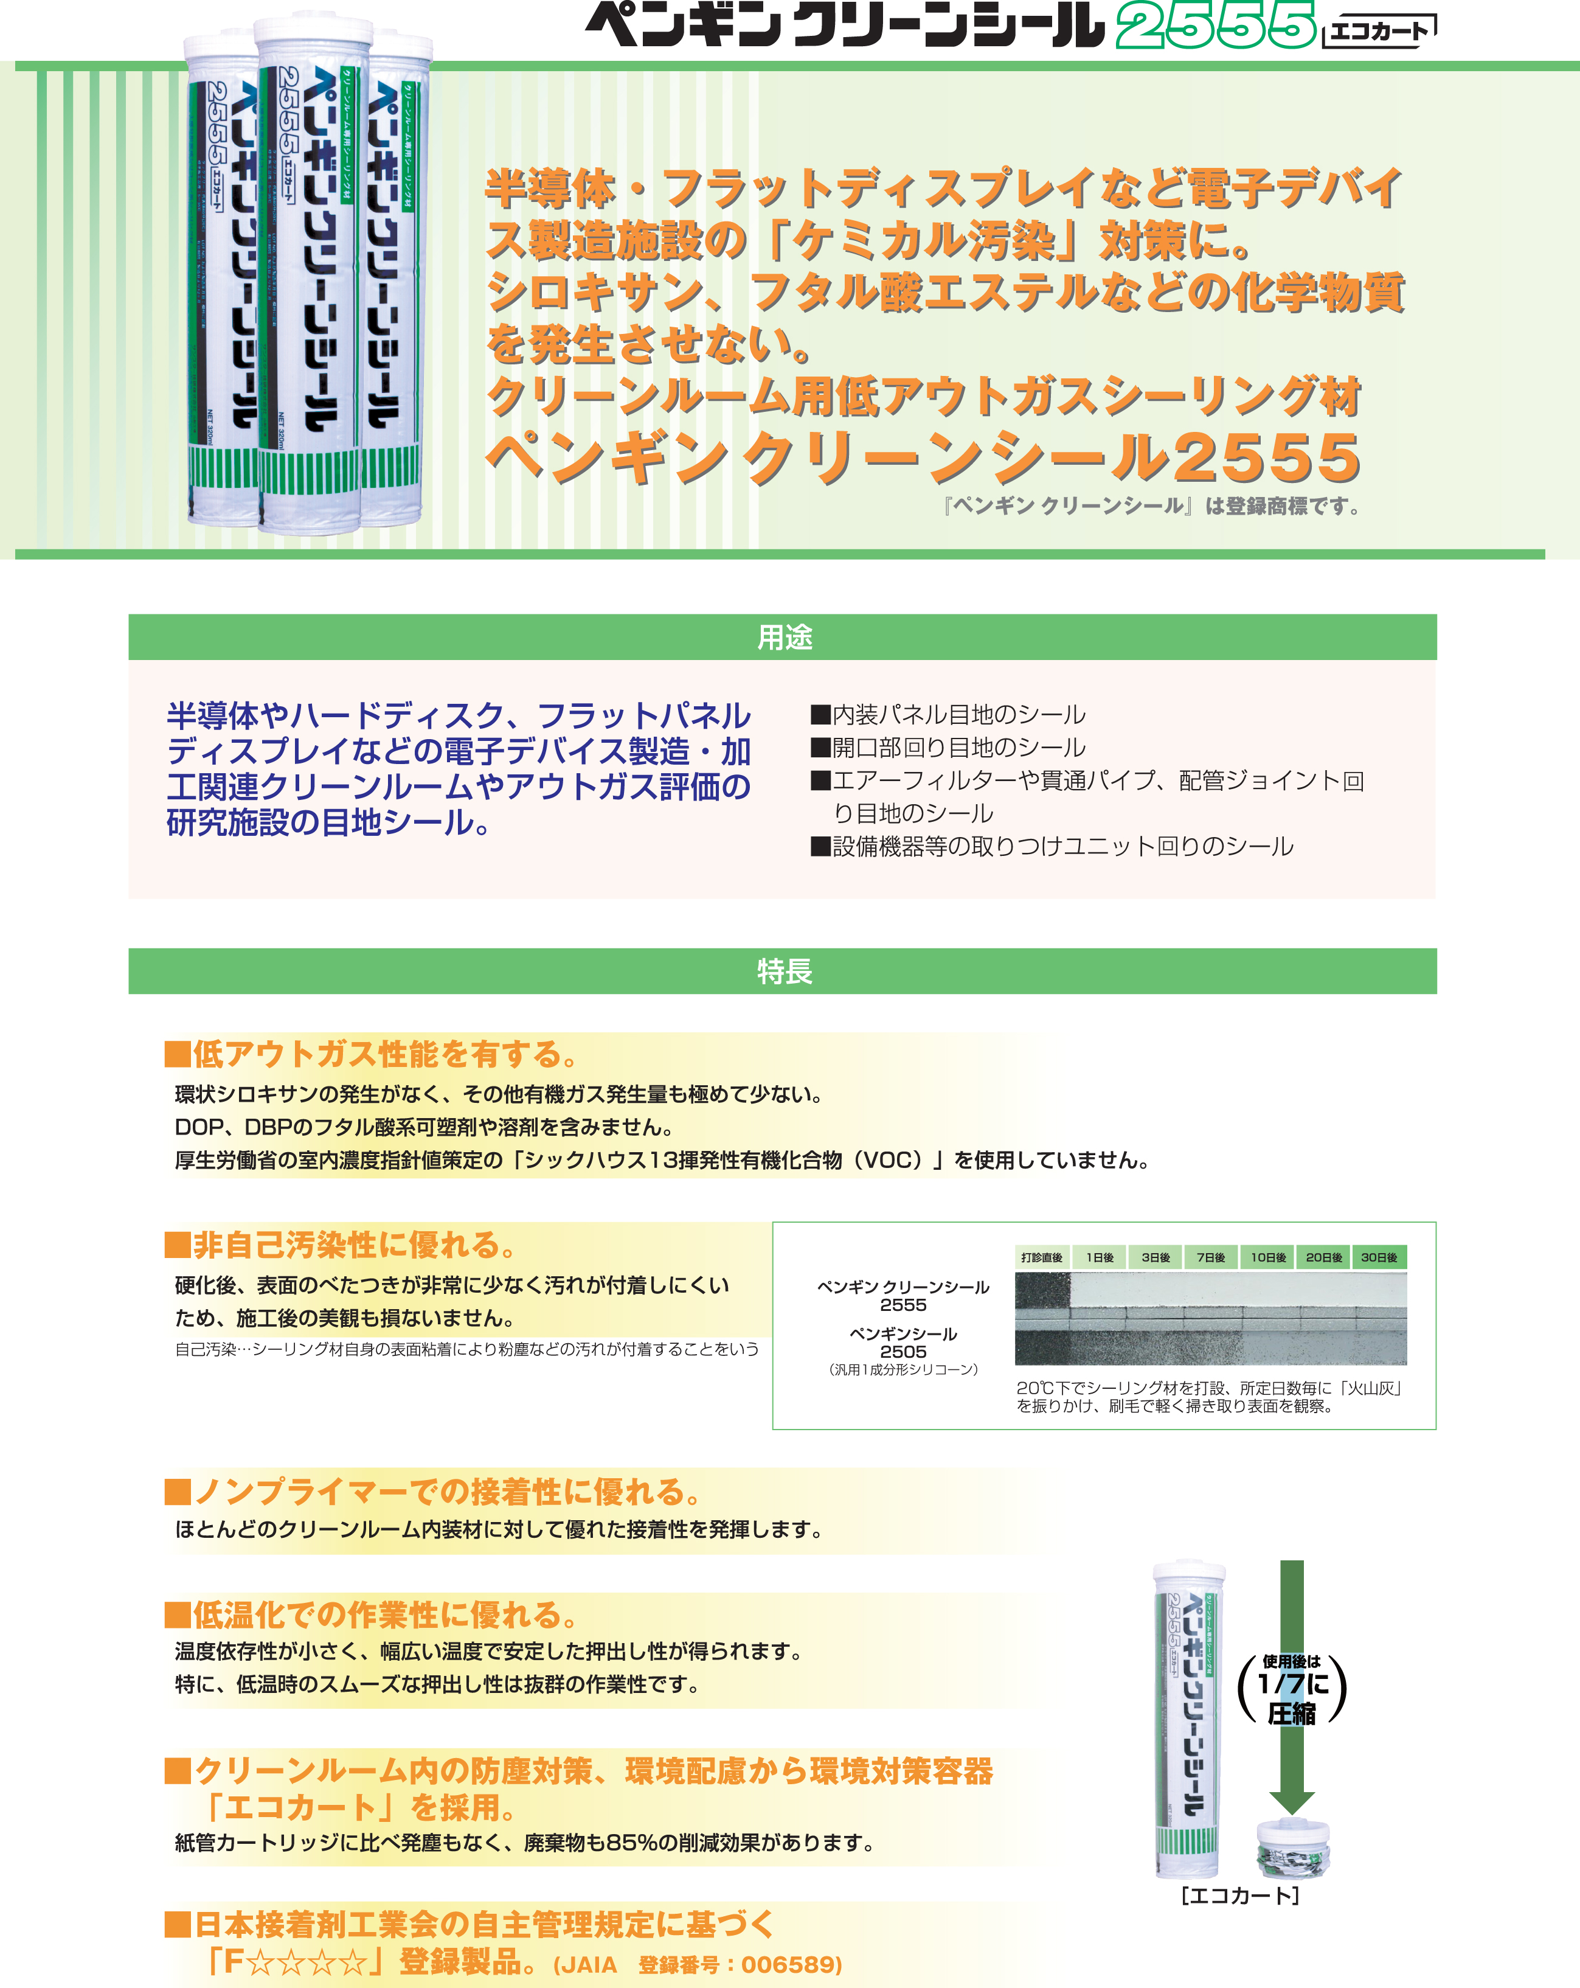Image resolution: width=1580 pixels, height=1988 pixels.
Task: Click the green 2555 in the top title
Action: pyautogui.click(x=1215, y=25)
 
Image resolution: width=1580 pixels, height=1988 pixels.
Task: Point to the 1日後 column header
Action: pyautogui.click(x=1100, y=1257)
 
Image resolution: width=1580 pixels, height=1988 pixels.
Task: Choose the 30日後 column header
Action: pyautogui.click(x=1379, y=1257)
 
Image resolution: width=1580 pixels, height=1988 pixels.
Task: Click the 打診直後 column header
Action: pyautogui.click(x=1042, y=1257)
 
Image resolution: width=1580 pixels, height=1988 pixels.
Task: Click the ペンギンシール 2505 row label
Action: pyautogui.click(x=903, y=1343)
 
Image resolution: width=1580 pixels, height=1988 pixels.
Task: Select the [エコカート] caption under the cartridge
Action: pyautogui.click(x=1240, y=1896)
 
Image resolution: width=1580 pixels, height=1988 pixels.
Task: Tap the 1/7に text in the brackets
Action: pyautogui.click(x=1292, y=1684)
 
